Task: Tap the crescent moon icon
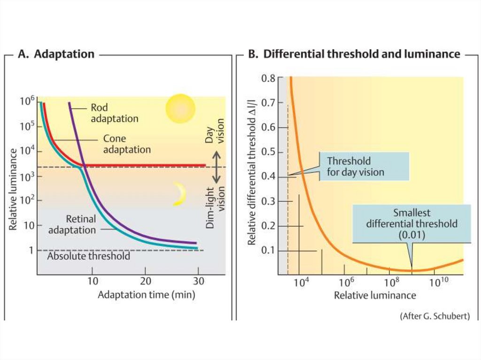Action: click(x=178, y=194)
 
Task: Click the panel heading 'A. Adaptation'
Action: click(x=56, y=54)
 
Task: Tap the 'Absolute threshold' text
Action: click(x=89, y=256)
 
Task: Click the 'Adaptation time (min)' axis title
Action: click(x=146, y=295)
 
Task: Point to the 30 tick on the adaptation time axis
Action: click(x=198, y=283)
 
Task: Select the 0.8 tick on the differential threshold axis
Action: click(x=269, y=78)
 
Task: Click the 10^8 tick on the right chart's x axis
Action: click(x=389, y=283)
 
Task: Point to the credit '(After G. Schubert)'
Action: click(x=434, y=316)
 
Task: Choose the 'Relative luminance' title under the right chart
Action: click(x=375, y=295)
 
